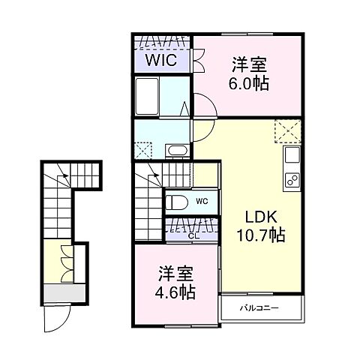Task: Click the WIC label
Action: pos(161,60)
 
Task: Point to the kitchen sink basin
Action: pos(292,157)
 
